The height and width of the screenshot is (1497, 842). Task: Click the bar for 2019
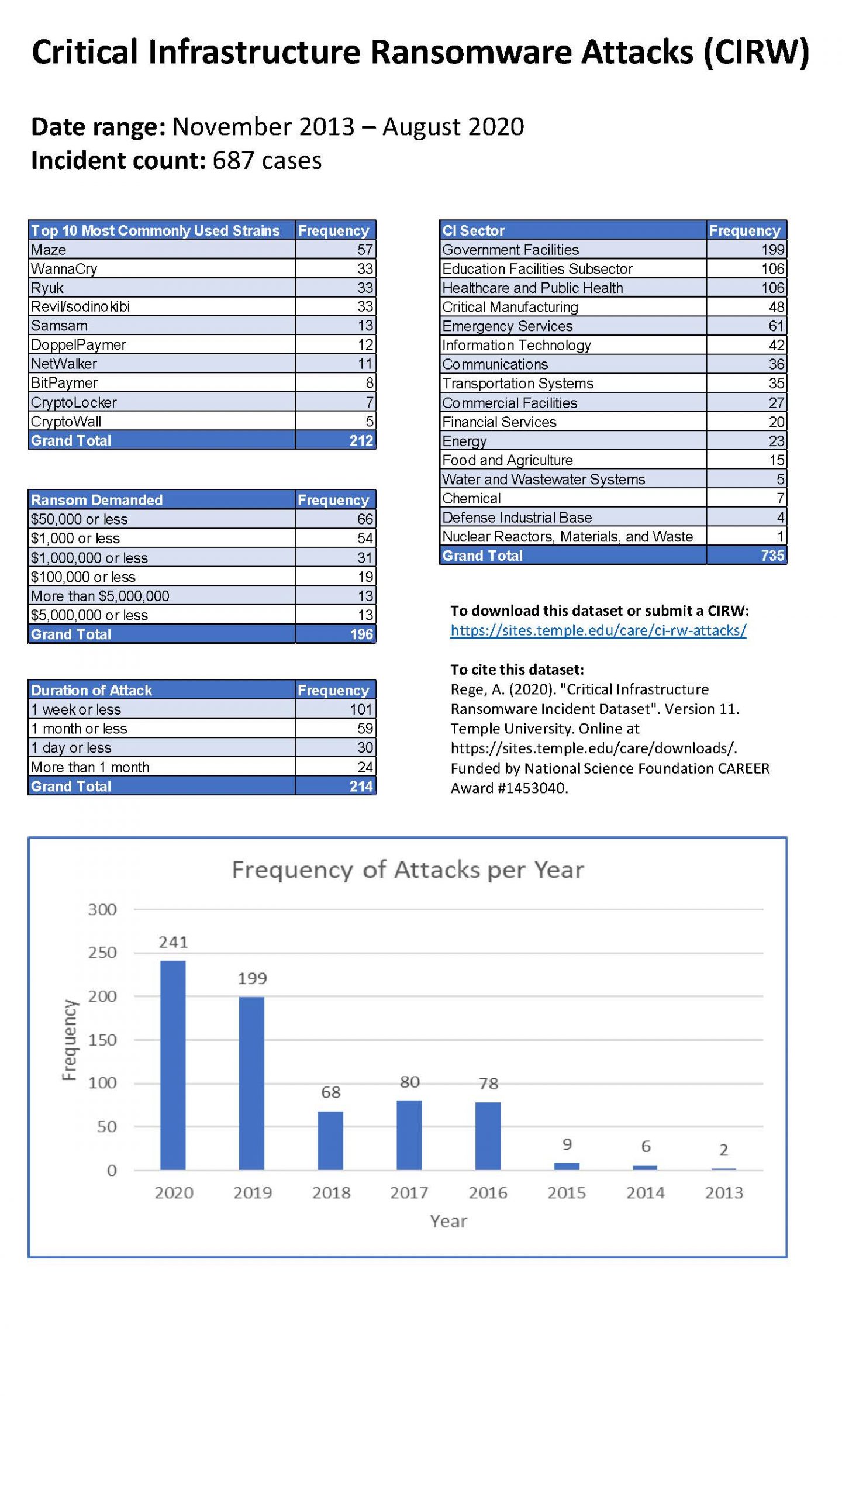(x=251, y=1082)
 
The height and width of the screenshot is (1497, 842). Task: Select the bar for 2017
(x=409, y=1134)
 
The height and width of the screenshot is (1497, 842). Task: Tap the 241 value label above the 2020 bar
(x=173, y=942)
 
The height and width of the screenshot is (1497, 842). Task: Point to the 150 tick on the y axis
(x=102, y=1040)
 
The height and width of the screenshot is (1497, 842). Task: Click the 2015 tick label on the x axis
(x=566, y=1193)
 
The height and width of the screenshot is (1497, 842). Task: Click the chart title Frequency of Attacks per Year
(x=408, y=870)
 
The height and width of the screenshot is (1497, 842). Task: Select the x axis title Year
(x=448, y=1221)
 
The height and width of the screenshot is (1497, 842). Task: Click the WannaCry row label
(x=64, y=269)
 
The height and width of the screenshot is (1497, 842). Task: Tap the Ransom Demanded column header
(x=97, y=500)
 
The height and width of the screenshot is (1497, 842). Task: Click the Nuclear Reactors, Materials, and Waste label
(x=567, y=536)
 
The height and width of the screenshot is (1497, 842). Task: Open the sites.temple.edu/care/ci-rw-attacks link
(x=598, y=630)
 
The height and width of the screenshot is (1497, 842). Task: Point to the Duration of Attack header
(x=92, y=690)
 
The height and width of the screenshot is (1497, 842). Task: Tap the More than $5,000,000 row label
(x=100, y=596)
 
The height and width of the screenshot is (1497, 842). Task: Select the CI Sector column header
(x=473, y=230)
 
